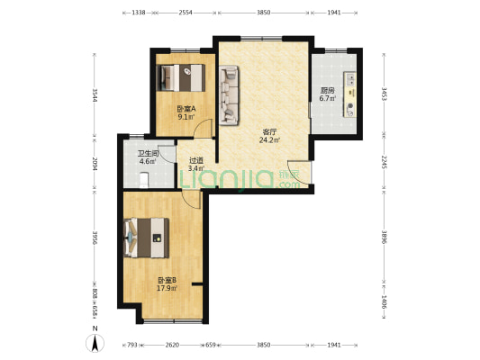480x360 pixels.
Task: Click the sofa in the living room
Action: tap(229, 95)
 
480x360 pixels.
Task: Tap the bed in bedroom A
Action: tap(181, 77)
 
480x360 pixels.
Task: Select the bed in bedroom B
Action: tap(146, 238)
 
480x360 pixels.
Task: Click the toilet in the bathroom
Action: tap(144, 180)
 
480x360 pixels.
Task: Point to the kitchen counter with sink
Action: tap(350, 94)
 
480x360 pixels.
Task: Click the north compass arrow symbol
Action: tap(95, 343)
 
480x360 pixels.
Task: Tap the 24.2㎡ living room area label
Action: tap(269, 140)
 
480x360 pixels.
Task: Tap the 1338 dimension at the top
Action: tap(139, 13)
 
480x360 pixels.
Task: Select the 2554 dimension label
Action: tap(186, 13)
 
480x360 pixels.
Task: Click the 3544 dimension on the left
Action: tap(95, 95)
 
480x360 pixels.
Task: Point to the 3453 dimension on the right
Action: tap(384, 94)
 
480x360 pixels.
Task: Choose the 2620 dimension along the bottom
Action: tap(172, 345)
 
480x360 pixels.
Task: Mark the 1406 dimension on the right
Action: tap(384, 301)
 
